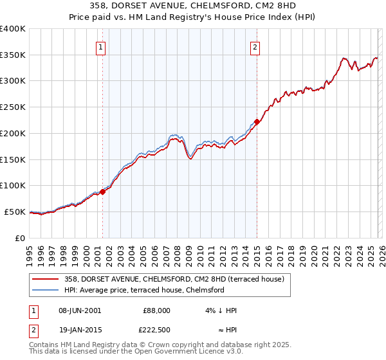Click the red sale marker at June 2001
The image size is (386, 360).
click(102, 192)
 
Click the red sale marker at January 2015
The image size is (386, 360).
click(257, 121)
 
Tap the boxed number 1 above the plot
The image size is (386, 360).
click(102, 46)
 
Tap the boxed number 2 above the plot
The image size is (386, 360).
click(255, 46)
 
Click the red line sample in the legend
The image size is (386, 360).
click(46, 279)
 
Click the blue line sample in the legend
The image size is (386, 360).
click(46, 290)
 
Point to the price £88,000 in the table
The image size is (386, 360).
click(156, 310)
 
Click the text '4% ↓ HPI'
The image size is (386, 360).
click(221, 310)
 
